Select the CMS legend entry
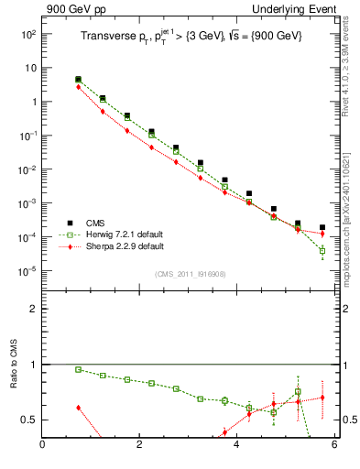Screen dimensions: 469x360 (x=100, y=223)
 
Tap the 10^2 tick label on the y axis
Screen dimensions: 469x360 (x=27, y=34)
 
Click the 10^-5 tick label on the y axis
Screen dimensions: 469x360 (x=27, y=271)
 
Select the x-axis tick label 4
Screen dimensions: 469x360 (x=237, y=446)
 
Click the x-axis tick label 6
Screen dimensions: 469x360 (x=334, y=446)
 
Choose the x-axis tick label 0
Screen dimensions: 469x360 (x=42, y=446)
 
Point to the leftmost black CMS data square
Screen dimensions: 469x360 (x=78, y=80)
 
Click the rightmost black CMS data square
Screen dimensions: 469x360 (x=322, y=226)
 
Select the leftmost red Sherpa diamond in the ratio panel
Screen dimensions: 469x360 (x=78, y=407)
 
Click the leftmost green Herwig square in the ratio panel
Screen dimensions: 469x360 (x=78, y=369)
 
